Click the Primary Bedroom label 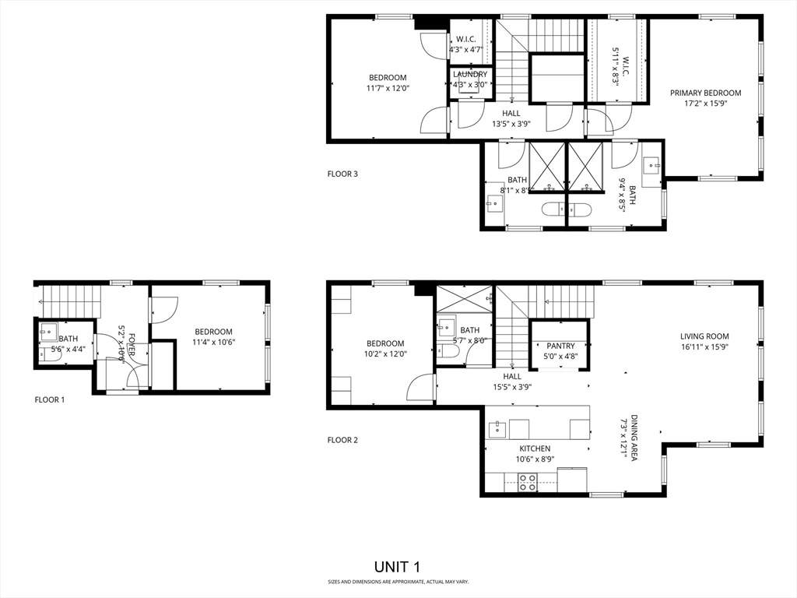coord(705,93)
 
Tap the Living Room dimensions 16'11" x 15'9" coord(705,347)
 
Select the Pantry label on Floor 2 coord(560,346)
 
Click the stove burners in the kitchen coord(528,482)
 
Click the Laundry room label coord(470,75)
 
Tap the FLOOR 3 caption coord(342,174)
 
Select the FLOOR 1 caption coord(50,399)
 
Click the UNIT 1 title coord(398,566)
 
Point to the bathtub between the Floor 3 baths coord(566,209)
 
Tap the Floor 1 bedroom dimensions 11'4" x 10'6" coord(213,342)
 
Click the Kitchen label coord(535,448)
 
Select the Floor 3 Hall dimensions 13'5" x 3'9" coord(511,124)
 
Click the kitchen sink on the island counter coord(496,428)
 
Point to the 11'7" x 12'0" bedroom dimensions coord(388,88)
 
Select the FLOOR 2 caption coord(342,440)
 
